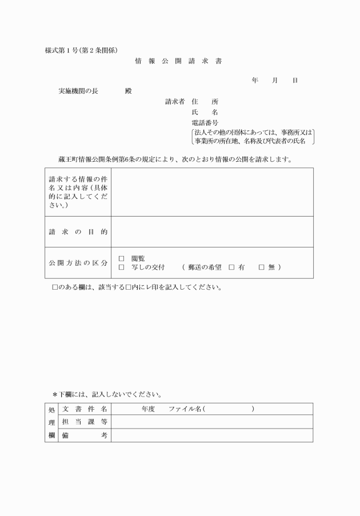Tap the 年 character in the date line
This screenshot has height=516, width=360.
255,81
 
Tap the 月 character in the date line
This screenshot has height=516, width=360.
275,81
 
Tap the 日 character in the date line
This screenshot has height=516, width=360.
295,81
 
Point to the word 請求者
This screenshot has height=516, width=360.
174,102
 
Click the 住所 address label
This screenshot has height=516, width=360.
205,102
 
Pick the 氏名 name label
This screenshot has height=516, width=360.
205,112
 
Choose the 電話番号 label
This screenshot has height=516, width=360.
205,122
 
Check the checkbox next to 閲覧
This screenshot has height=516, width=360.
121,258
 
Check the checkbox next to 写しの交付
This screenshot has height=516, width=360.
121,267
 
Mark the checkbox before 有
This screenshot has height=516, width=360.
231,267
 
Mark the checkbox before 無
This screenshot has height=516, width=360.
262,267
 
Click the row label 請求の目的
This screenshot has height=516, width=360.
78,232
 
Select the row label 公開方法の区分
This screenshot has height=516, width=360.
78,263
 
